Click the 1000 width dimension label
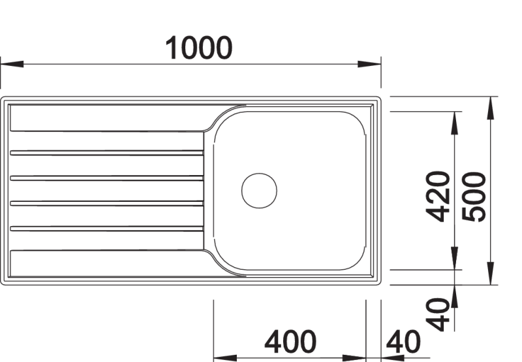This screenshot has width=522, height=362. coord(199,48)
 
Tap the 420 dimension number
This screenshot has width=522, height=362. coord(438,196)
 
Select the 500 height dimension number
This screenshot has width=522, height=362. coord(474,197)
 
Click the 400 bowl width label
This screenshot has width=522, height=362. coord(290,342)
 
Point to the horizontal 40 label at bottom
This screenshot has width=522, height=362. coord(403,342)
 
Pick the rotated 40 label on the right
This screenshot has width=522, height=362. coord(438,314)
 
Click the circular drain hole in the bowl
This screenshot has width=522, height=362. coord(259,191)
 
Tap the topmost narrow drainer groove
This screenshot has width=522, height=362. coord(106,153)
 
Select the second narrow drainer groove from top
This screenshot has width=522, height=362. coord(106,178)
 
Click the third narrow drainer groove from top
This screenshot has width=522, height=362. coord(106,203)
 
